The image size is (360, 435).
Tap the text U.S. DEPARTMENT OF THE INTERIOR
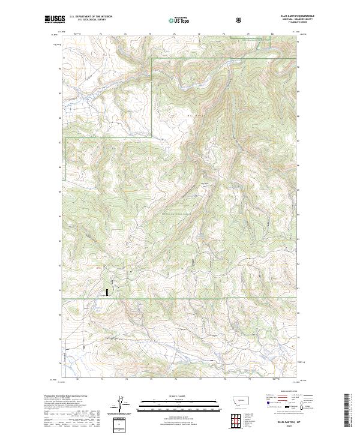click(x=91, y=17)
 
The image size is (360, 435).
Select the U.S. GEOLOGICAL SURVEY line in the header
click(x=91, y=20)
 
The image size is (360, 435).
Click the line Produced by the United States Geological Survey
click(x=67, y=397)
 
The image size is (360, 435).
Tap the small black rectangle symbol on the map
click(x=107, y=292)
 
